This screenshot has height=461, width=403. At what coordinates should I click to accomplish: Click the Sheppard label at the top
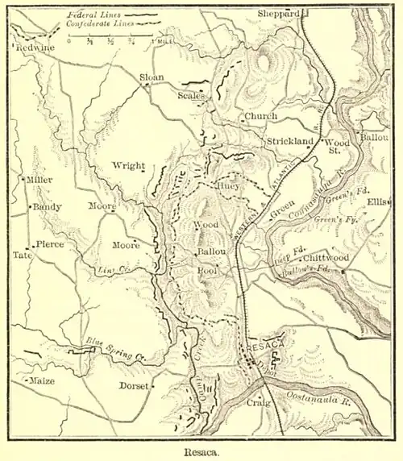[278, 14]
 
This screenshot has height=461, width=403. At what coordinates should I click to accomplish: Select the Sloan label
[152, 77]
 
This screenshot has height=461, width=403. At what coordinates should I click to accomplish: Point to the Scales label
[191, 95]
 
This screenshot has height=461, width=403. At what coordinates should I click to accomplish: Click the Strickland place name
[289, 141]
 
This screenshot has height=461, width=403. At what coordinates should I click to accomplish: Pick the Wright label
[128, 166]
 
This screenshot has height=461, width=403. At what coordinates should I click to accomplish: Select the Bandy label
[46, 207]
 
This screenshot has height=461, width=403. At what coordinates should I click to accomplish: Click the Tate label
[22, 255]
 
